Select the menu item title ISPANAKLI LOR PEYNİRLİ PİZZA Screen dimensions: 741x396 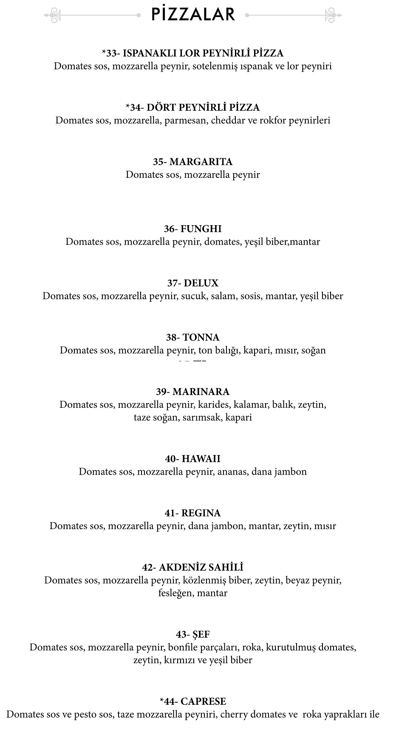192,53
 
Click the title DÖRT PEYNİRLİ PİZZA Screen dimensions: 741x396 192,107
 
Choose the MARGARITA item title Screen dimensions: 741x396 192,162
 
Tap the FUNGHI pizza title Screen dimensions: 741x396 192,229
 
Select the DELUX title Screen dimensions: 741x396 192,283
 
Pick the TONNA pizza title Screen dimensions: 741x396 192,338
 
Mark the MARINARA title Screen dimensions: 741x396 192,392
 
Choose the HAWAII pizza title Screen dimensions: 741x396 192,459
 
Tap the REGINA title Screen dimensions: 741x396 192,513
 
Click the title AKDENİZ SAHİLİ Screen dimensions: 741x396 192,567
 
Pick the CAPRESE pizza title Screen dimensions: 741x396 192,701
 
